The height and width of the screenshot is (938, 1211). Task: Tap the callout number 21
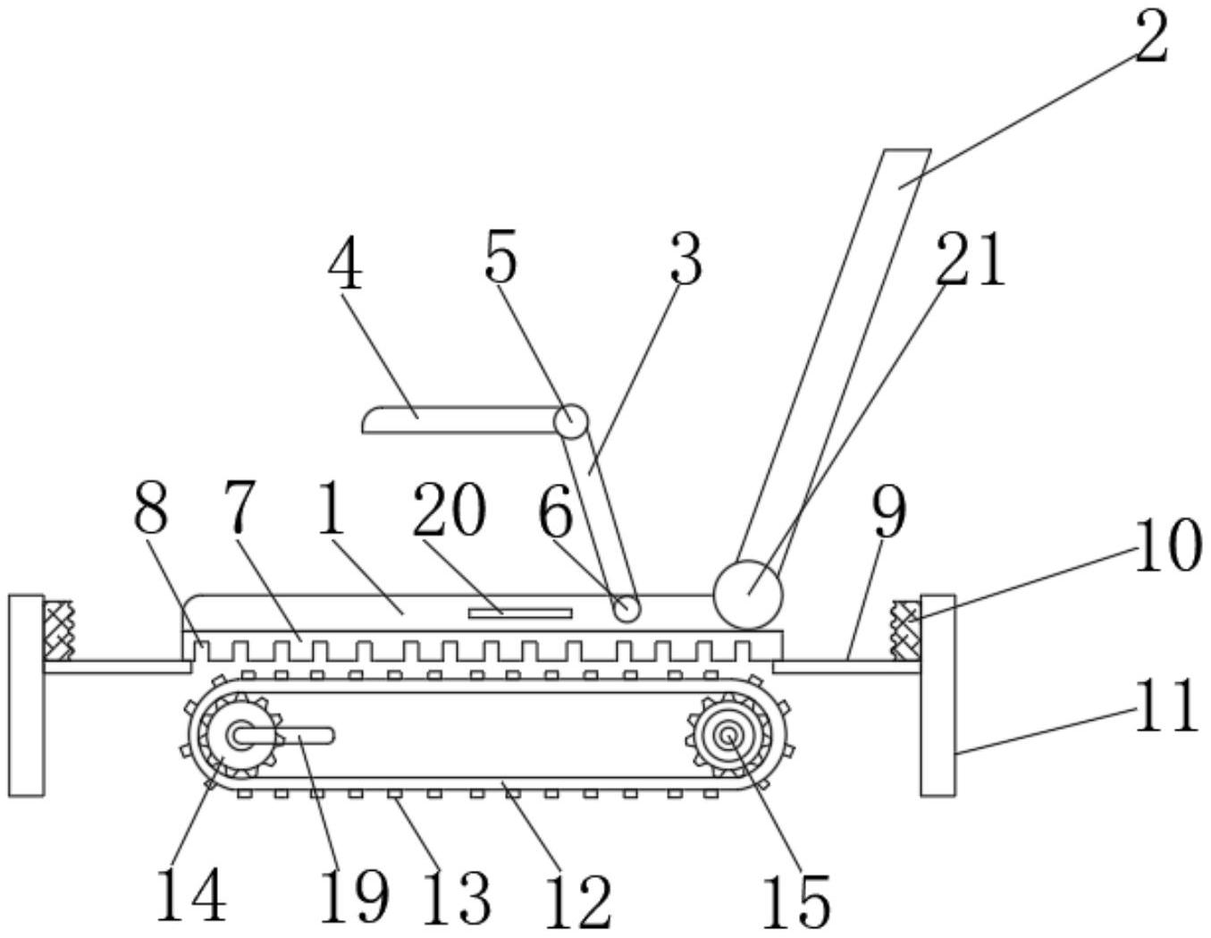(x=971, y=260)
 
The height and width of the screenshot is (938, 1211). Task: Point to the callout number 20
(x=449, y=511)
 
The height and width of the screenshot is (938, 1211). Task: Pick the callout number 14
(x=190, y=894)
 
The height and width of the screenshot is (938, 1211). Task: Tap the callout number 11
(x=1165, y=705)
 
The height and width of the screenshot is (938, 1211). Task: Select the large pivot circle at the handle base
(x=747, y=595)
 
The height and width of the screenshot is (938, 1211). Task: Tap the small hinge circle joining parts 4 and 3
(x=570, y=418)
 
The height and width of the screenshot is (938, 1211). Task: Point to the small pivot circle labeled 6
(x=627, y=609)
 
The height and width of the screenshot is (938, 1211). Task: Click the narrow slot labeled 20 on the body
(x=519, y=613)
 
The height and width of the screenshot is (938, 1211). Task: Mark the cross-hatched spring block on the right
(x=905, y=630)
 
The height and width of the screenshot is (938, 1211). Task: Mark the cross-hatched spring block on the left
(x=59, y=630)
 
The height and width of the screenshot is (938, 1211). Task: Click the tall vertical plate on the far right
(x=938, y=694)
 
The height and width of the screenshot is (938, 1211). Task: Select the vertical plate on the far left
(x=26, y=694)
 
